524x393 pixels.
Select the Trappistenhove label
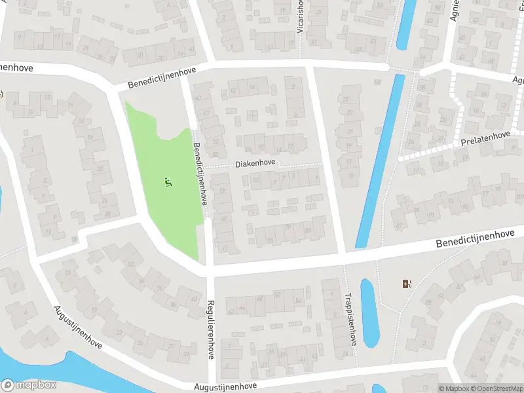coord(352,319)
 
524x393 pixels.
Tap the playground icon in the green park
coord(169,183)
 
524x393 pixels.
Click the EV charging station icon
coord(407,284)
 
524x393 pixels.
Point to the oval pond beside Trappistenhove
coord(369,312)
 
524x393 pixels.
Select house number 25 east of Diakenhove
coord(345,99)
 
